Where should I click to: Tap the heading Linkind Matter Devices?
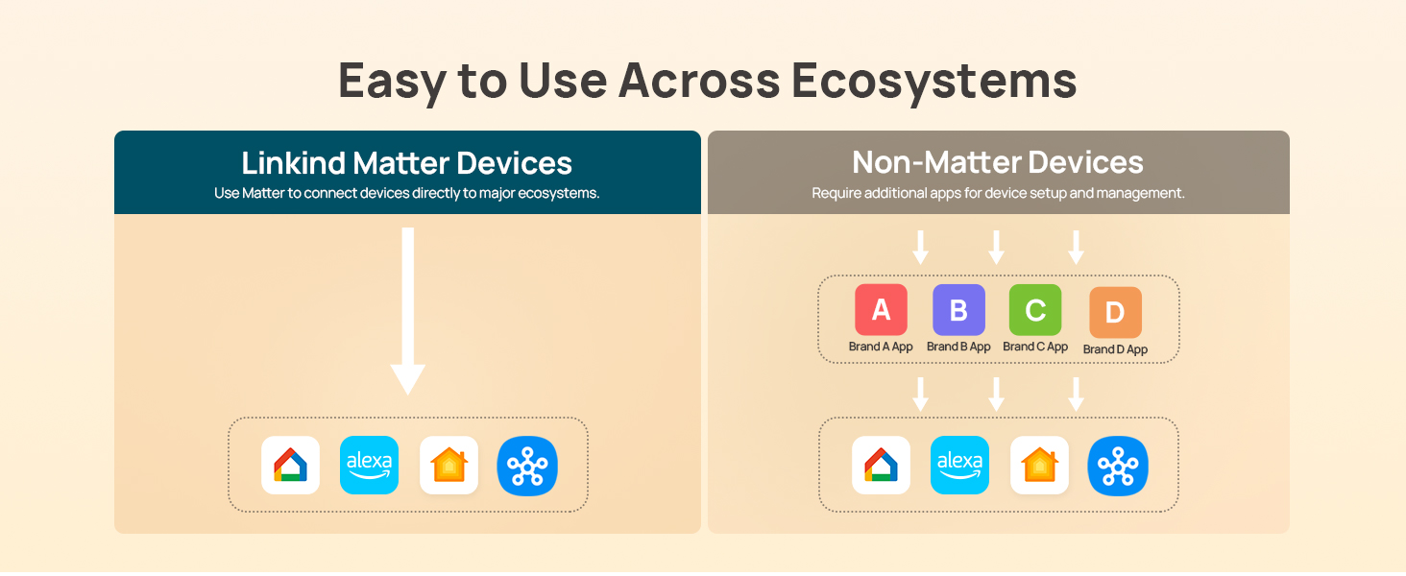(x=407, y=162)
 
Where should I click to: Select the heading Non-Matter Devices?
(x=998, y=162)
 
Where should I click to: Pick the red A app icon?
(x=881, y=310)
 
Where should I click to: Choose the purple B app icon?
(x=958, y=310)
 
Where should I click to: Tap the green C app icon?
(x=1035, y=310)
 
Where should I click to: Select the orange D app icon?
(x=1115, y=313)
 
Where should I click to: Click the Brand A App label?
(x=881, y=347)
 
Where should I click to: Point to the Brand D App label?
(x=1115, y=349)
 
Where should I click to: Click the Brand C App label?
(x=1035, y=347)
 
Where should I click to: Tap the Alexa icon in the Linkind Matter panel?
(x=370, y=466)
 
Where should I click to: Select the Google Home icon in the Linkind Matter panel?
(x=291, y=466)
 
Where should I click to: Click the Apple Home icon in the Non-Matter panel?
(x=1039, y=466)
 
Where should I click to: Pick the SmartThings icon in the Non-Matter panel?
(x=1118, y=466)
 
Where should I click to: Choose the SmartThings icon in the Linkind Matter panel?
(x=527, y=466)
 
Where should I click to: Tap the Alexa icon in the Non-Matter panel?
(x=960, y=466)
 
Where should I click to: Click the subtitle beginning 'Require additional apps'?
(x=998, y=193)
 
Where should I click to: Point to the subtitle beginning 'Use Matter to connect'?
(x=407, y=193)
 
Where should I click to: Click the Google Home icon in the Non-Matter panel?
(x=882, y=466)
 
